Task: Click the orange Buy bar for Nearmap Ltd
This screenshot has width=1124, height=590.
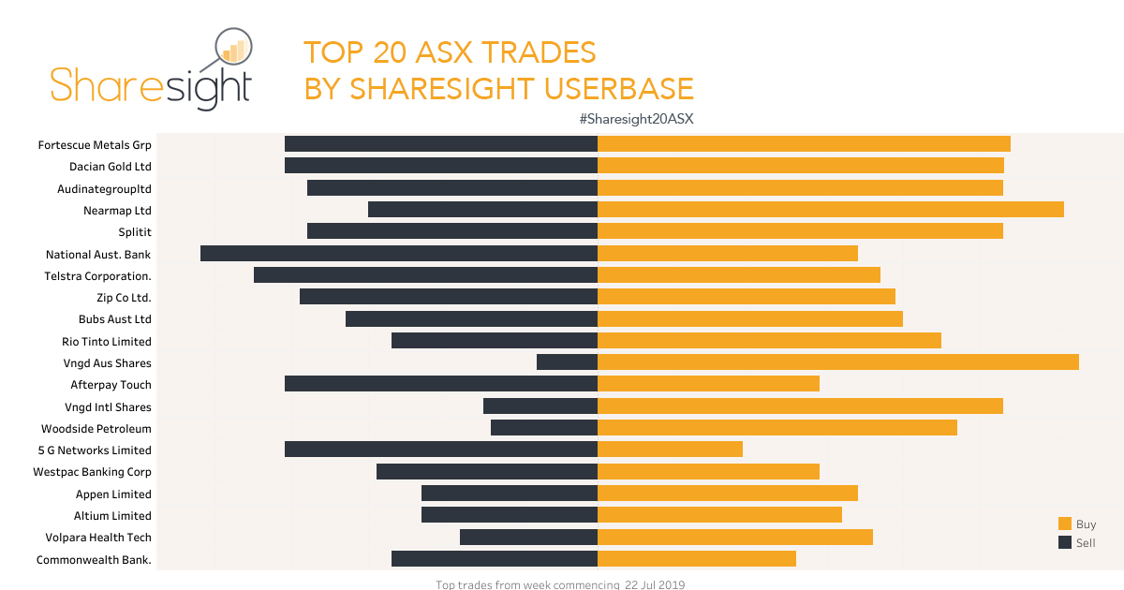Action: coord(830,210)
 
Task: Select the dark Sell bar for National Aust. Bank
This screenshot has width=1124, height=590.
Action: coord(399,253)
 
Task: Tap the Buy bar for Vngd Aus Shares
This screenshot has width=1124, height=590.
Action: coord(837,362)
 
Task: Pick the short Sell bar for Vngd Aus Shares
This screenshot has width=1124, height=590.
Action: coord(567,362)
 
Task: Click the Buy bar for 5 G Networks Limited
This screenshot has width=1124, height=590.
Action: coord(670,450)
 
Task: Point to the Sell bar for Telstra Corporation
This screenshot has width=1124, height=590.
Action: coord(425,275)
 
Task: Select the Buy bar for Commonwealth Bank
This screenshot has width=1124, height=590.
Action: coord(696,559)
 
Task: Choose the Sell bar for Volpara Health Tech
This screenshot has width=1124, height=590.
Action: coord(528,537)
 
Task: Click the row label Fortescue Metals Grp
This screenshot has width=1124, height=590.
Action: coord(95,145)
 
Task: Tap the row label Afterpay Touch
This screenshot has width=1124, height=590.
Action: coord(111,385)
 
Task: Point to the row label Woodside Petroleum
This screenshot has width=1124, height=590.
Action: coord(96,429)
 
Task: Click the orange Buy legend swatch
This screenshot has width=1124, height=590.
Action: coord(1064,524)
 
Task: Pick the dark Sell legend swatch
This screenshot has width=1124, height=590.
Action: coord(1064,542)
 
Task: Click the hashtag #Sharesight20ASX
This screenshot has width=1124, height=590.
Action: coord(636,119)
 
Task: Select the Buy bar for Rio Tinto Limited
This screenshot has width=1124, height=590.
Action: coord(769,341)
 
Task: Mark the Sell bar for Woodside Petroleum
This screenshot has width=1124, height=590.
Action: coord(543,428)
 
